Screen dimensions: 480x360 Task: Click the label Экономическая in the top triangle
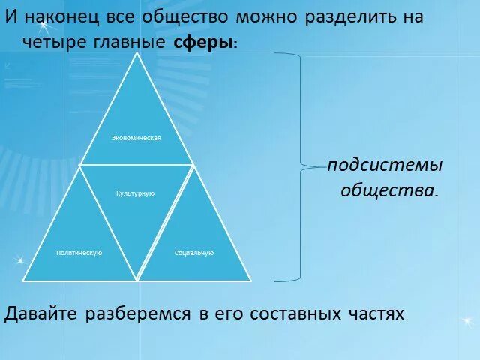click(136, 138)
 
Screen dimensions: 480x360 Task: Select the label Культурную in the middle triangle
click(135, 193)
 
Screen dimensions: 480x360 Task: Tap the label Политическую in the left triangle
click(79, 253)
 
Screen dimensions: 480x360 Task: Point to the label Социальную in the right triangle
click(193, 253)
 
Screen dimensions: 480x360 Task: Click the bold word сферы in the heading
click(202, 43)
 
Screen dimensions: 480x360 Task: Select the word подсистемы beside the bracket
click(385, 165)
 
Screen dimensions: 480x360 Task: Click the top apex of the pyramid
click(136, 54)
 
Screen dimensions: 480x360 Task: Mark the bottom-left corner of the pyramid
click(23, 280)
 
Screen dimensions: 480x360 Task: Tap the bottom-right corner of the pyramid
click(250, 280)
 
